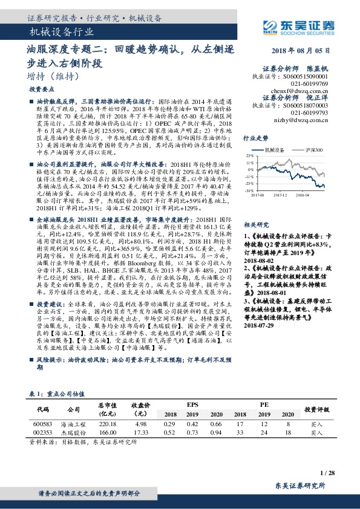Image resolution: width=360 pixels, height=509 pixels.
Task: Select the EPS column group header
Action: pos(192,404)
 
